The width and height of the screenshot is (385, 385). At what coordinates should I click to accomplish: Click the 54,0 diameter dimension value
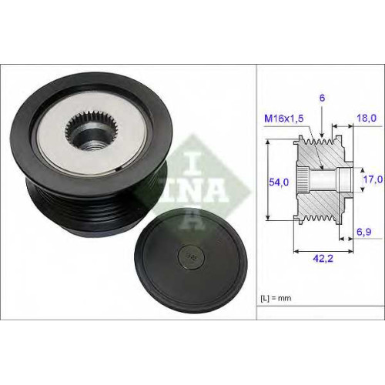(x=279, y=182)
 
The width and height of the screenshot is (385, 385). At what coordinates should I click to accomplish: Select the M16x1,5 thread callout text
(x=284, y=119)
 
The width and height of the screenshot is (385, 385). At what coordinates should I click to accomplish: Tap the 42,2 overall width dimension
(x=323, y=259)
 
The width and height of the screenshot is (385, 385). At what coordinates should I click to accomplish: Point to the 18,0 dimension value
(x=367, y=118)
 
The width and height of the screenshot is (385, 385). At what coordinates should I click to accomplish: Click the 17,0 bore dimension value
(x=373, y=179)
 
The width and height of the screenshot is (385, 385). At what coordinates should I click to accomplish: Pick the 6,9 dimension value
(x=364, y=232)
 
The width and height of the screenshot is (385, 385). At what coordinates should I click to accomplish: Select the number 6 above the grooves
(x=322, y=98)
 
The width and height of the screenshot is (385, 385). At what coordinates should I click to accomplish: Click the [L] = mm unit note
(x=276, y=298)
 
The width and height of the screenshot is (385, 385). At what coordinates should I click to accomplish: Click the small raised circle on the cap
(x=192, y=256)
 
